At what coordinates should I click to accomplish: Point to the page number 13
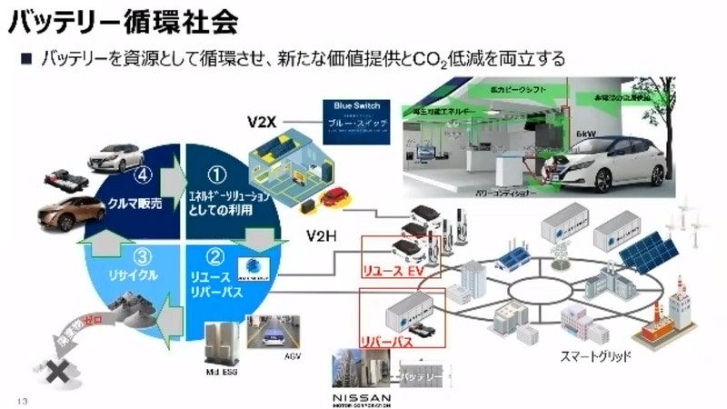pos(22,398)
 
